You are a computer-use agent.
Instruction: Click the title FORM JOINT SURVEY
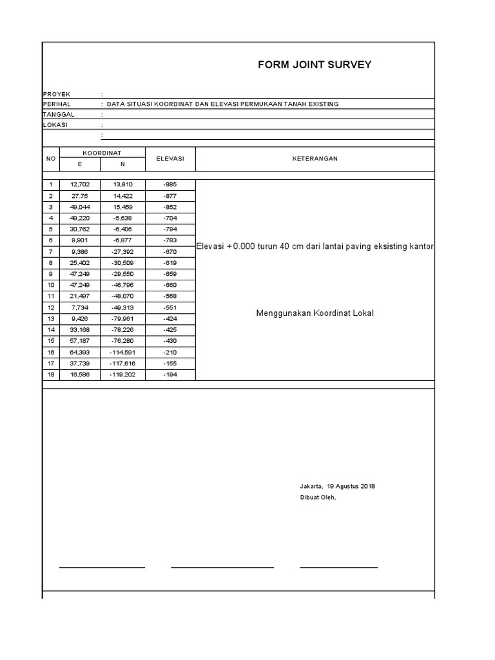tap(315, 64)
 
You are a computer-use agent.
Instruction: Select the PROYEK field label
tap(56, 94)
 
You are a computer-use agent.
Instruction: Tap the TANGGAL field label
tap(58, 114)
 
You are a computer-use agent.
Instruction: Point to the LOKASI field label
tap(55, 124)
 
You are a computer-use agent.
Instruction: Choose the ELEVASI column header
tap(170, 159)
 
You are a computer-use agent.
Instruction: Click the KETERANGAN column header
tap(315, 159)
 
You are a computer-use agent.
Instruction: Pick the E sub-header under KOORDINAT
tap(80, 164)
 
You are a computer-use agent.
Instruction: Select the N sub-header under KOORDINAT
tap(122, 164)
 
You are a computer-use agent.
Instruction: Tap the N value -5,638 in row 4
tap(122, 218)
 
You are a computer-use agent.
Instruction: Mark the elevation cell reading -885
tap(170, 184)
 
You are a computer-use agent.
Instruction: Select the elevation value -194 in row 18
tap(170, 374)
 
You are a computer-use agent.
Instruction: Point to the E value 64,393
tap(80, 352)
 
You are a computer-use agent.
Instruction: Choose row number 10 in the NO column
tap(51, 285)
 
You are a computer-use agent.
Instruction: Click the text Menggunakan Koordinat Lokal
tap(315, 313)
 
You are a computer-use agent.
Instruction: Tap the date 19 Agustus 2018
tap(351, 486)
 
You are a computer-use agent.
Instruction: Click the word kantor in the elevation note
tap(421, 247)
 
